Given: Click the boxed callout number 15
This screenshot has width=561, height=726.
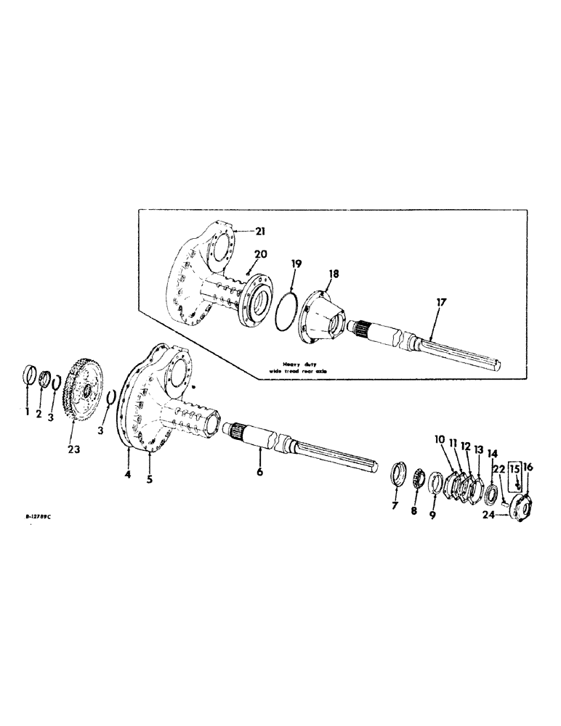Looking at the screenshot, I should click(x=515, y=470).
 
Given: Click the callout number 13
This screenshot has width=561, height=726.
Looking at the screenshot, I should click(x=478, y=449).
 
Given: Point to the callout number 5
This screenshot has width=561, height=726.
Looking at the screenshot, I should click(x=149, y=479).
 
